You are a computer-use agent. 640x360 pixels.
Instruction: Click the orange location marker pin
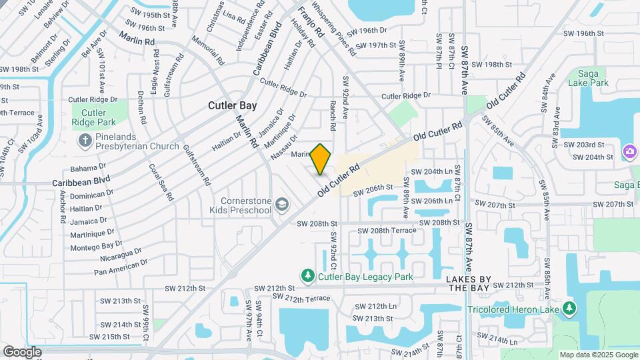(321, 159)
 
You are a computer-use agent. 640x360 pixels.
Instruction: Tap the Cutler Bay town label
(232, 105)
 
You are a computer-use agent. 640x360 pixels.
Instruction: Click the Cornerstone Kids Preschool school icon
(282, 203)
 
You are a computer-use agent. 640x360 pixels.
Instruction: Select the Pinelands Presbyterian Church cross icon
(84, 141)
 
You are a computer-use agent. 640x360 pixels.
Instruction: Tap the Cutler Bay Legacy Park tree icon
(307, 276)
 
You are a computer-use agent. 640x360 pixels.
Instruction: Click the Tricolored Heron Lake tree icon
(569, 307)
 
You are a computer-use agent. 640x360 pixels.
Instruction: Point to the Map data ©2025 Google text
(598, 355)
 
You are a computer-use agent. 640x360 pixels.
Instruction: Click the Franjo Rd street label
(311, 23)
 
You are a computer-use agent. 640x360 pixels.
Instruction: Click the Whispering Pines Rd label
(345, 40)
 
